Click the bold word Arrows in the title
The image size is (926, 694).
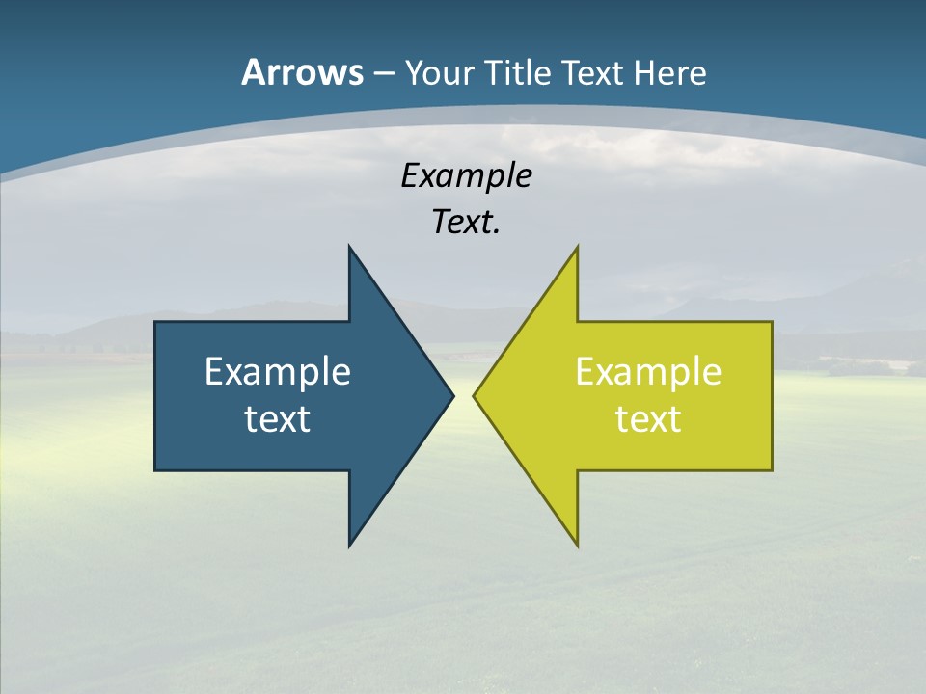pyautogui.click(x=302, y=72)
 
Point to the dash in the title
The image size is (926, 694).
pyautogui.click(x=383, y=73)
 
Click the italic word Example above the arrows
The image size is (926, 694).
pyautogui.click(x=467, y=176)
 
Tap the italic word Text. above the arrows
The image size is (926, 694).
pyautogui.click(x=467, y=223)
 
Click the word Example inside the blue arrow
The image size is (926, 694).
pyautogui.click(x=278, y=372)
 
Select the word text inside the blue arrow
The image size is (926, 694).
pyautogui.click(x=278, y=419)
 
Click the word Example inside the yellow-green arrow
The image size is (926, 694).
pyautogui.click(x=648, y=372)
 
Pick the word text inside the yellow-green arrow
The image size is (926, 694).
pyautogui.click(x=648, y=419)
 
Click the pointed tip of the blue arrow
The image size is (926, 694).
pyautogui.click(x=453, y=395)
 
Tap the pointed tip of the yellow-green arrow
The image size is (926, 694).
pyautogui.click(x=474, y=395)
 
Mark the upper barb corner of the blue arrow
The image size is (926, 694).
pyautogui.click(x=349, y=246)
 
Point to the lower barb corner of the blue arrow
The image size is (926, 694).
pyautogui.click(x=349, y=547)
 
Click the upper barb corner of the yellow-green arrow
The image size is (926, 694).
pyautogui.click(x=577, y=246)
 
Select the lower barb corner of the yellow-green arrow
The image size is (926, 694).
pyautogui.click(x=577, y=547)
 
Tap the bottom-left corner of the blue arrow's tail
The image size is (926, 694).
pyautogui.click(x=155, y=470)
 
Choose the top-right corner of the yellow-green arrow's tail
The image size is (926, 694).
pyautogui.click(x=772, y=322)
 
